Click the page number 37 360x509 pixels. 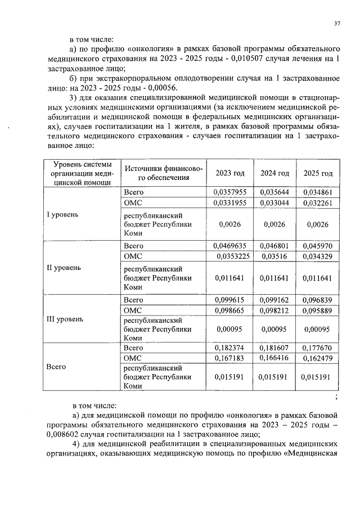coord(337,23)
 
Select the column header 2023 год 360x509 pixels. coord(230,173)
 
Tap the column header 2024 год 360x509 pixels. coord(274,173)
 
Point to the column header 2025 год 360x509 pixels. coord(318,173)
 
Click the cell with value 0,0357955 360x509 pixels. coord(230,192)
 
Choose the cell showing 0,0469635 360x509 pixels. coord(230,245)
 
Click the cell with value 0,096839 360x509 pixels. coord(318,300)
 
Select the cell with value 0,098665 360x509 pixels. coord(230,310)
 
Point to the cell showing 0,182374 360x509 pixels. coord(230,349)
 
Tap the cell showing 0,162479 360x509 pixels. coord(318,358)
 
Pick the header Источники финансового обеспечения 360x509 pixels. coord(163,173)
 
